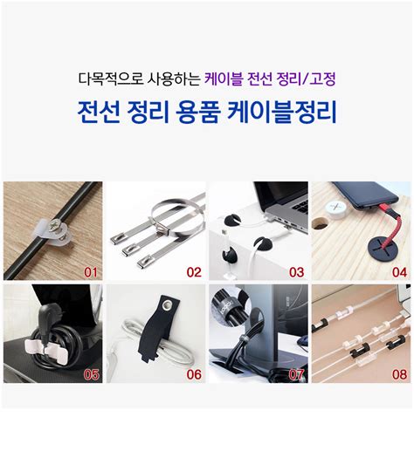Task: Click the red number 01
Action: [89, 272]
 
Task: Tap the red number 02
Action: [193, 272]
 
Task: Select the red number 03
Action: [296, 272]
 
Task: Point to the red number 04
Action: [399, 272]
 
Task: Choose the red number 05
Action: [89, 374]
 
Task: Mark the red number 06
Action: [193, 374]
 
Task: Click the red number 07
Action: [296, 374]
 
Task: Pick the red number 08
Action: [399, 374]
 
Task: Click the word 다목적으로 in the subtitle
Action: [106, 79]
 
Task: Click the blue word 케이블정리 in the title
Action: [281, 113]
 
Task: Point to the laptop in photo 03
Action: [271, 209]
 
